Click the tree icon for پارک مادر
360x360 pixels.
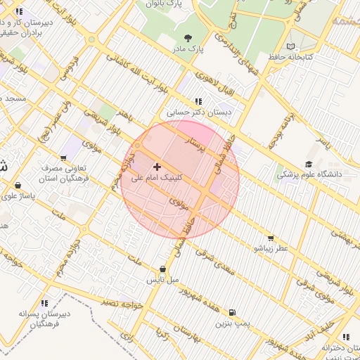(187, 38)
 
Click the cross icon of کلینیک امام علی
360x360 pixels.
(156, 167)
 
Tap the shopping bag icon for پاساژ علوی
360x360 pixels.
(18, 186)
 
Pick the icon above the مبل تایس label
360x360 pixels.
(163, 269)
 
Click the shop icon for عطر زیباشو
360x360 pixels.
(271, 238)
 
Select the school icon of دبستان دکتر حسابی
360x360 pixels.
(198, 101)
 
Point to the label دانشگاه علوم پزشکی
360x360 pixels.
(309, 173)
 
